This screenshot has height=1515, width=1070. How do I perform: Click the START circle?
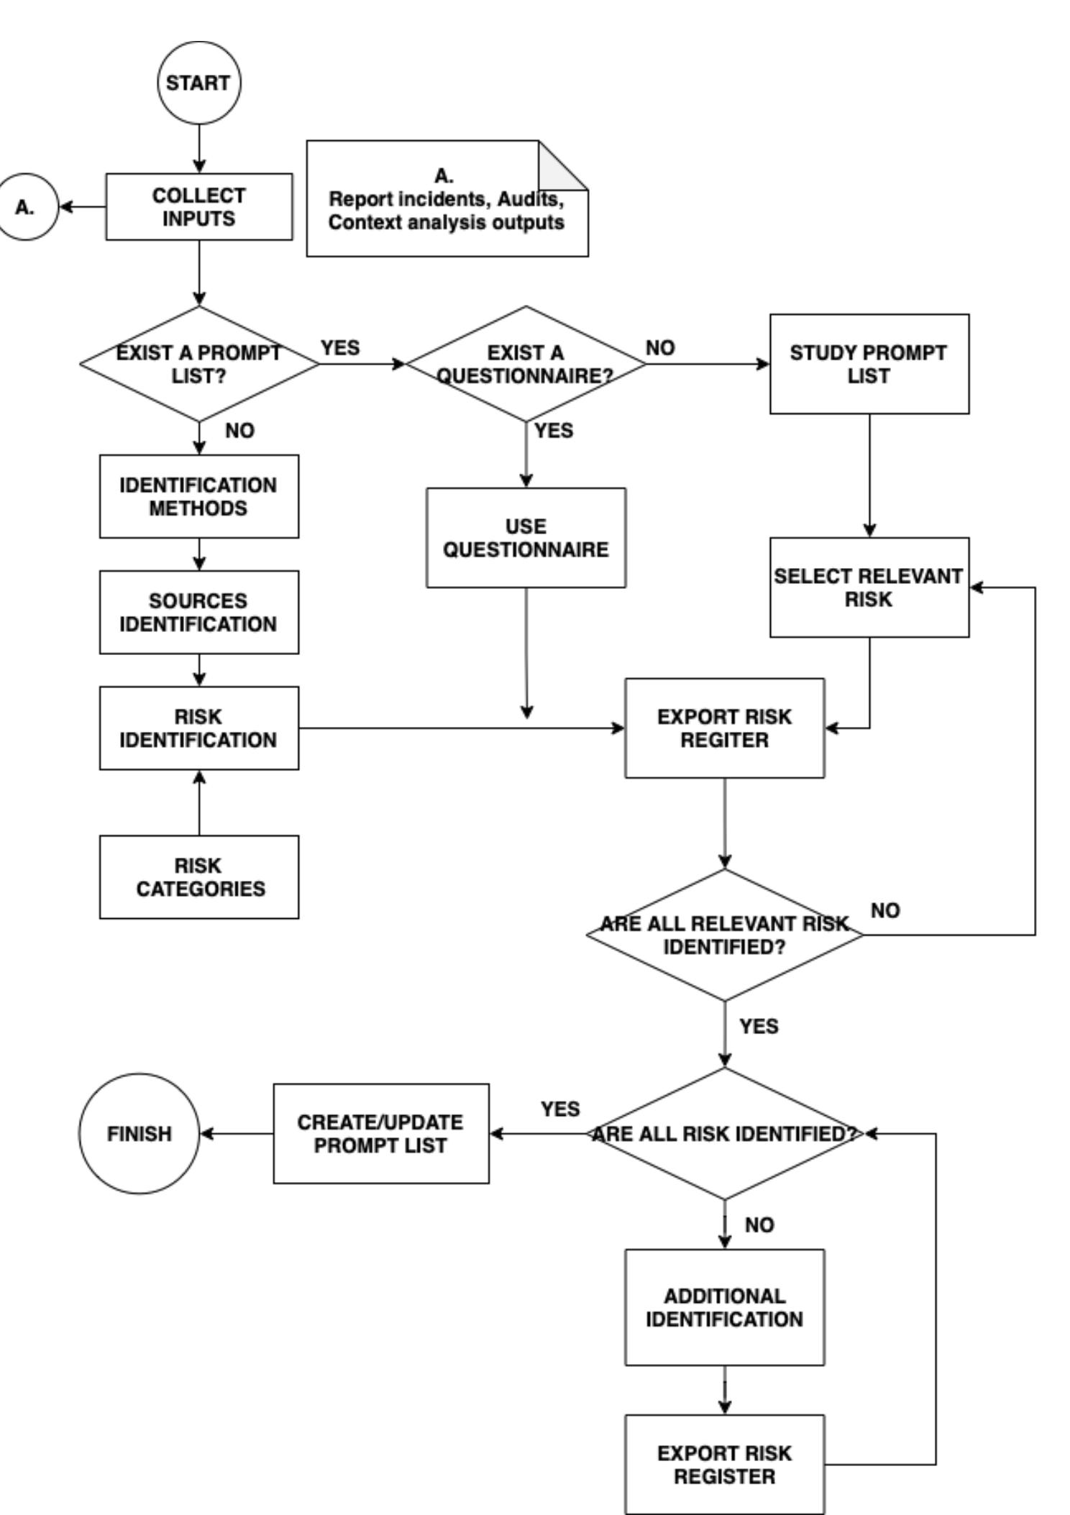pyautogui.click(x=199, y=83)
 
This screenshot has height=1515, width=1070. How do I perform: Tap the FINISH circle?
pyautogui.click(x=139, y=1134)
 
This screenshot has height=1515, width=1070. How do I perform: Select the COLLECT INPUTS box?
pyautogui.click(x=199, y=207)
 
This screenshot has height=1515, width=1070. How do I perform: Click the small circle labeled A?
pyautogui.click(x=27, y=207)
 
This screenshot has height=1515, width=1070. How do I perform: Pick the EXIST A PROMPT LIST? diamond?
pyautogui.click(x=199, y=364)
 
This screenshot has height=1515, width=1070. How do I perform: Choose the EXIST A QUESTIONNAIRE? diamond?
pyautogui.click(x=526, y=364)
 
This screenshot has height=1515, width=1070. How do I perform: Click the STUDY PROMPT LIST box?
pyautogui.click(x=869, y=364)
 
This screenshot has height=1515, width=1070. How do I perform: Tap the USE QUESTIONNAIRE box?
pyautogui.click(x=526, y=538)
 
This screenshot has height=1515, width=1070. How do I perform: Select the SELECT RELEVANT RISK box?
pyautogui.click(x=869, y=587)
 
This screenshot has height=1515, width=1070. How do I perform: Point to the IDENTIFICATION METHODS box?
pyautogui.click(x=199, y=496)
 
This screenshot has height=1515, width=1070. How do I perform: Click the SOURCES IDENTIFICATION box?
pyautogui.click(x=199, y=613)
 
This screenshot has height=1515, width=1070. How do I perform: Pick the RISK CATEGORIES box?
pyautogui.click(x=199, y=877)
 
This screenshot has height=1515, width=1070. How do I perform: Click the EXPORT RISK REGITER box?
pyautogui.click(x=724, y=728)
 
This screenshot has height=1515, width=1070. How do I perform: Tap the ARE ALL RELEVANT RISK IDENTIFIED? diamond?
pyautogui.click(x=724, y=935)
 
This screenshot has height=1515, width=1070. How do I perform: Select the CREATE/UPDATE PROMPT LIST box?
pyautogui.click(x=381, y=1134)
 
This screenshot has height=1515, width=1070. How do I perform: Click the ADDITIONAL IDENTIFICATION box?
pyautogui.click(x=724, y=1307)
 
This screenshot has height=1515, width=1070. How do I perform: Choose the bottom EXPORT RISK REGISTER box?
pyautogui.click(x=724, y=1465)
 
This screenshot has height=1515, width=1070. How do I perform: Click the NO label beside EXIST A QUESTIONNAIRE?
pyautogui.click(x=660, y=348)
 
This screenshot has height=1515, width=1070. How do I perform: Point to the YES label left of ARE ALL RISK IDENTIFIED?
pyautogui.click(x=560, y=1109)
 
